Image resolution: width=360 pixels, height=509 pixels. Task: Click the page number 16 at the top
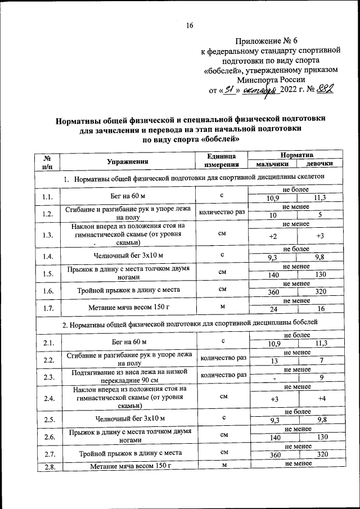pyautogui.click(x=190, y=25)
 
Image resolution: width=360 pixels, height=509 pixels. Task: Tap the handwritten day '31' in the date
pyautogui.click(x=228, y=89)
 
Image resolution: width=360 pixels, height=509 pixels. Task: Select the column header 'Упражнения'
pyautogui.click(x=128, y=161)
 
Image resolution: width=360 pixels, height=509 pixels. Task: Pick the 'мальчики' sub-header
pyautogui.click(x=272, y=164)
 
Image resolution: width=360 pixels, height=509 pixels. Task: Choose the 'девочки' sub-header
pyautogui.click(x=319, y=164)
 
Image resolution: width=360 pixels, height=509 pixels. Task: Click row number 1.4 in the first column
pyautogui.click(x=47, y=256)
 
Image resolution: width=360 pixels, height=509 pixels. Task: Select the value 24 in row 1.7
pyautogui.click(x=273, y=309)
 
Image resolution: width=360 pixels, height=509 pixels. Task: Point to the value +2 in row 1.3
pyautogui.click(x=273, y=236)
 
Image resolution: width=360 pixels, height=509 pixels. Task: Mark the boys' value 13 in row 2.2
pyautogui.click(x=274, y=361)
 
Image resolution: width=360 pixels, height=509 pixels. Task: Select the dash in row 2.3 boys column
pyautogui.click(x=274, y=378)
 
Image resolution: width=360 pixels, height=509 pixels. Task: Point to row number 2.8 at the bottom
pyautogui.click(x=47, y=466)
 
